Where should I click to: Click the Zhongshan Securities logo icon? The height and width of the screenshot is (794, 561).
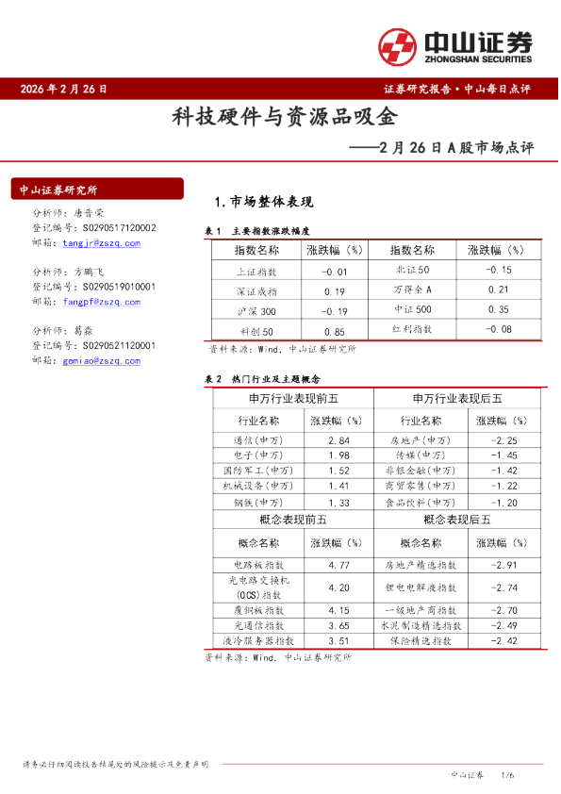click(x=397, y=45)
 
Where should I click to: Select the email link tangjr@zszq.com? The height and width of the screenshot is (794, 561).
click(x=102, y=242)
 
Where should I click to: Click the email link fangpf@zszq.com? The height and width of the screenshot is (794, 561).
click(x=102, y=302)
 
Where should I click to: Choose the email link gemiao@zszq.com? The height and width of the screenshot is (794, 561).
click(x=102, y=360)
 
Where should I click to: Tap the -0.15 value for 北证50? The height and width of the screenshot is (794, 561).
click(x=498, y=271)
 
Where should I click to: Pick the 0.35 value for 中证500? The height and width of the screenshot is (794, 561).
click(x=498, y=309)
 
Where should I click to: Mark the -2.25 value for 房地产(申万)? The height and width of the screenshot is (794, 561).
click(x=506, y=440)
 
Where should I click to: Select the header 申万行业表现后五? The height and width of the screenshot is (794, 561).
click(x=457, y=400)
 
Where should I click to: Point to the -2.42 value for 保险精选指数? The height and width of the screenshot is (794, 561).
click(x=506, y=641)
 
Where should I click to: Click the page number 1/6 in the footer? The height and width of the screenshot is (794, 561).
click(x=506, y=774)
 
